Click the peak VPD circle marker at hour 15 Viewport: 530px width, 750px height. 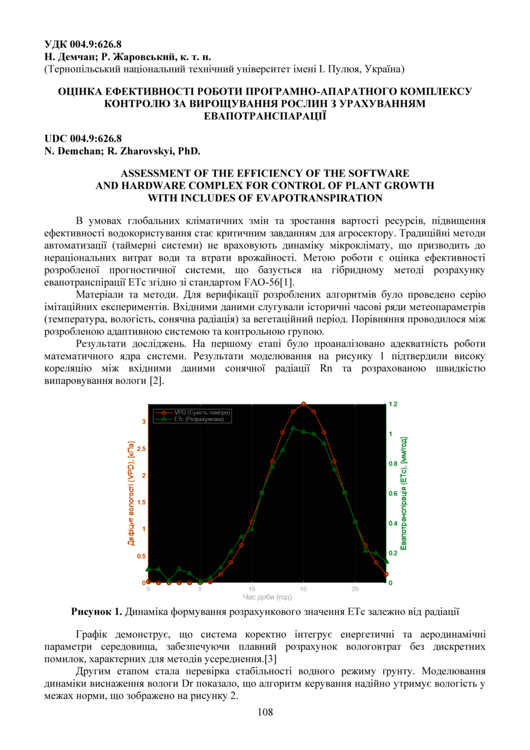303,403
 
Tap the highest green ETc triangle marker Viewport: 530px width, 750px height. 293,428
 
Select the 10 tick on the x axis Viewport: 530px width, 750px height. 252,589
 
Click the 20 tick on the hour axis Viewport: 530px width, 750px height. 355,589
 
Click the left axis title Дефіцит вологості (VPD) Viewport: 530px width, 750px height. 131,494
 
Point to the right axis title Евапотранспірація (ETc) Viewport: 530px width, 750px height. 404,494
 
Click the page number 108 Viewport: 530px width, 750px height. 265,712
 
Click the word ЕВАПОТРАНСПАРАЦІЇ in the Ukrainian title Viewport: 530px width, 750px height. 265,116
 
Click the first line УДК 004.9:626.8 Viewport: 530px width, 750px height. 83,44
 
